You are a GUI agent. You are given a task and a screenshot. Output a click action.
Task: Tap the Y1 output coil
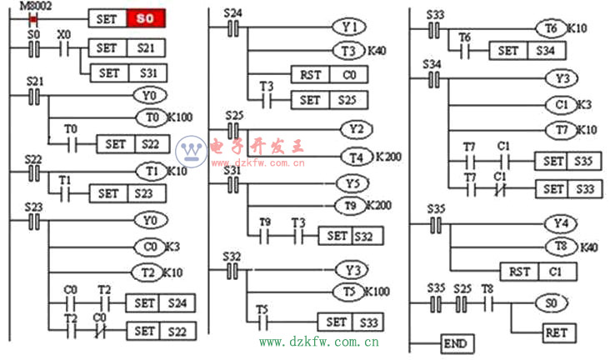(347, 26)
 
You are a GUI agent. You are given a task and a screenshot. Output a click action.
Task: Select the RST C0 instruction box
(327, 75)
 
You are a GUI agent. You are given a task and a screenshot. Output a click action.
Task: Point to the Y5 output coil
(352, 182)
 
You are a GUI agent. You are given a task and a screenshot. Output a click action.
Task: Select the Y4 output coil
(560, 223)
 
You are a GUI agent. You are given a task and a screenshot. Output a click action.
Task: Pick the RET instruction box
(554, 332)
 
